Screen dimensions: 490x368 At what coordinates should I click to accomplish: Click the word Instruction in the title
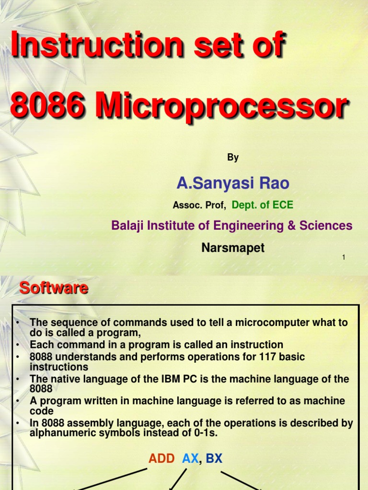click(96, 47)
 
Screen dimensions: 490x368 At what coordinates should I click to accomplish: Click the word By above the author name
click(233, 157)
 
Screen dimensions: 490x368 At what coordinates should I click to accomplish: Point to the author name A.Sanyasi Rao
click(233, 183)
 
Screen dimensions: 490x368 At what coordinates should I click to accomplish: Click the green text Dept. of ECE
click(262, 205)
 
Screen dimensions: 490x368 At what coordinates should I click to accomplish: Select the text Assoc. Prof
click(199, 206)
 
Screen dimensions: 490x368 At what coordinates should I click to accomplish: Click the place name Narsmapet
click(233, 248)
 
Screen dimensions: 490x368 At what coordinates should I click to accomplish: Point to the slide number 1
click(344, 258)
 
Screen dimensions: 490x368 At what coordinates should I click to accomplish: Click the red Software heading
click(53, 288)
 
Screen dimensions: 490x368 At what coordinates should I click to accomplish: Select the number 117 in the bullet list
click(249, 357)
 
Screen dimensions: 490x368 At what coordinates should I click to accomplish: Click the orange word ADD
click(162, 458)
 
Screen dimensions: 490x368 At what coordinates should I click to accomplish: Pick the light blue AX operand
click(190, 458)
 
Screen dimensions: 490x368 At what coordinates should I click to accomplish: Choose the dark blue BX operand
click(214, 458)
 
